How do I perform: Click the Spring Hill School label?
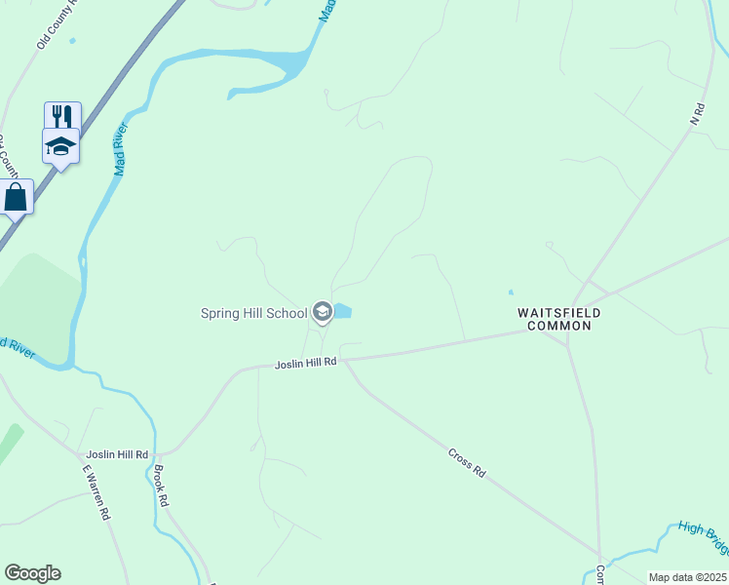click(253, 313)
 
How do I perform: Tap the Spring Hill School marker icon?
click(323, 313)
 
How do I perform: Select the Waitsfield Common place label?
click(558, 319)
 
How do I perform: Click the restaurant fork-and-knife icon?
click(62, 116)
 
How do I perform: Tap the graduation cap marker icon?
click(60, 147)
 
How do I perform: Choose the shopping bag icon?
click(16, 197)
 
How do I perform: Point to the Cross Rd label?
click(467, 461)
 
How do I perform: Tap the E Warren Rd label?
click(95, 493)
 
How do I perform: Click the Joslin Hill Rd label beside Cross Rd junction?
click(306, 362)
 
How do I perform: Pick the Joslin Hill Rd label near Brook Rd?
click(117, 454)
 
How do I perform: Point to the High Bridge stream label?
click(704, 530)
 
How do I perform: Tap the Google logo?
click(32, 573)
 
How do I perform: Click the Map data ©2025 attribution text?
click(687, 577)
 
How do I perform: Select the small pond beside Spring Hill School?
click(343, 312)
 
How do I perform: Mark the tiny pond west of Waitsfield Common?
click(510, 292)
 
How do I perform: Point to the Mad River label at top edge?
click(330, 10)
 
